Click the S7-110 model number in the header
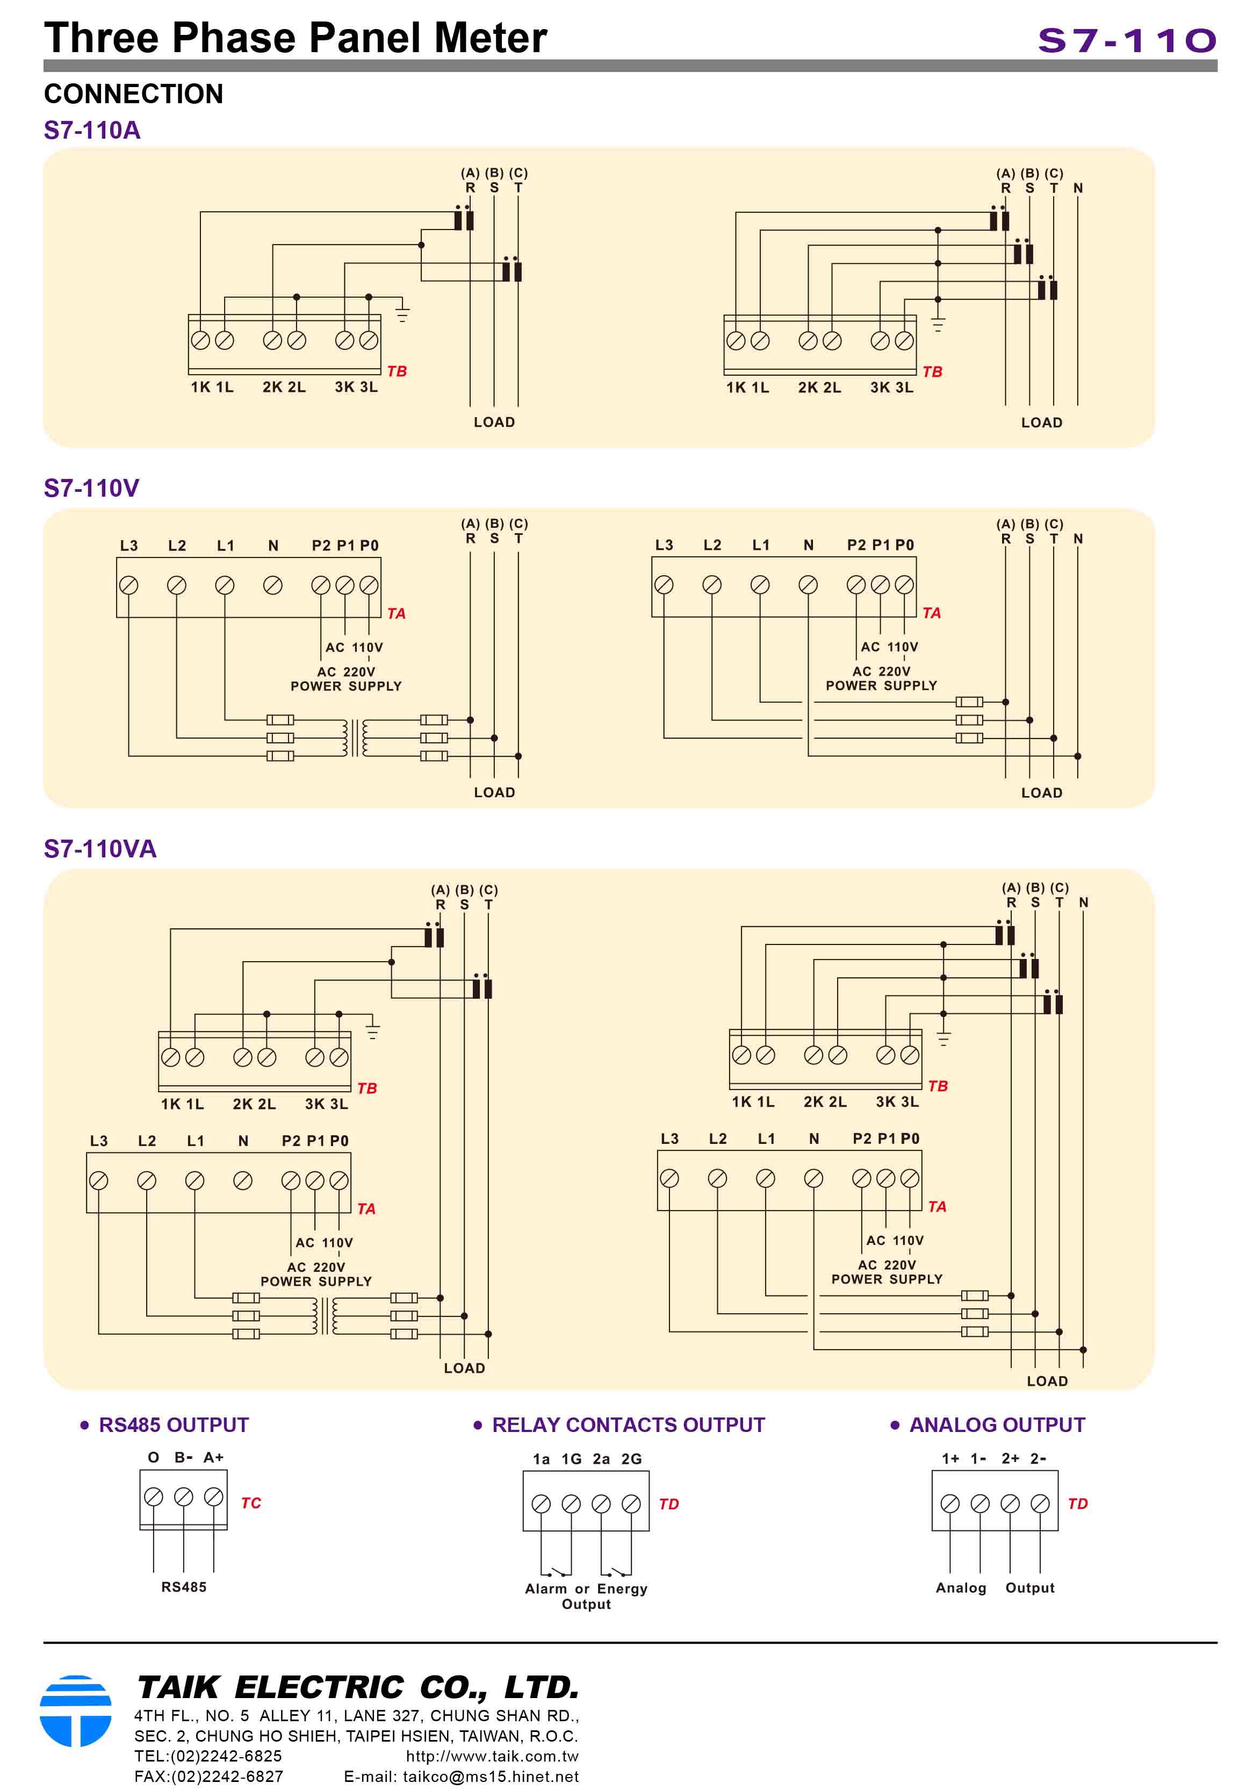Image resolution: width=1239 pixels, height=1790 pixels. click(1126, 40)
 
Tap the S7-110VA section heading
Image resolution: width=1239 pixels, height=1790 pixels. click(99, 848)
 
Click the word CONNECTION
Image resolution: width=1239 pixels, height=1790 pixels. click(134, 94)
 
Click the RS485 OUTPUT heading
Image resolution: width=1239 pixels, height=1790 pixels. click(173, 1424)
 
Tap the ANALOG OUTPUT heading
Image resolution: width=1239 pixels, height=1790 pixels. click(997, 1424)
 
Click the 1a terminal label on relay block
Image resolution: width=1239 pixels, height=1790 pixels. click(541, 1458)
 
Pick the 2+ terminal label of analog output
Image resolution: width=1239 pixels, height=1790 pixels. click(1009, 1458)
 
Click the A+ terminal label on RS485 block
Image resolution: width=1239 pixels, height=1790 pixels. click(213, 1457)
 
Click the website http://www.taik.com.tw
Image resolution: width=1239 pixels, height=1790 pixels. click(492, 1756)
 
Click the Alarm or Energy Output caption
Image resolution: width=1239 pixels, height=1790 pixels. click(586, 1596)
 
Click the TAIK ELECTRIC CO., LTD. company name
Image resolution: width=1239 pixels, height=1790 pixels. click(358, 1687)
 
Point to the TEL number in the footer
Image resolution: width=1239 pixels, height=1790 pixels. click(207, 1756)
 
